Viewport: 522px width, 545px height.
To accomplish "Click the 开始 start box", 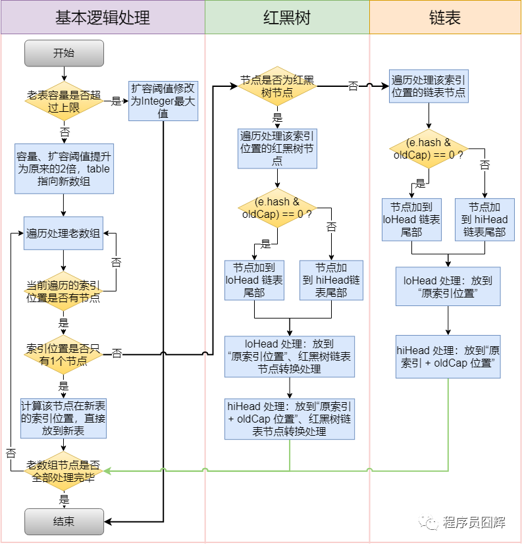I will pos(64,53).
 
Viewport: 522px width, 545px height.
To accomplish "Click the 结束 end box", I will pos(64,521).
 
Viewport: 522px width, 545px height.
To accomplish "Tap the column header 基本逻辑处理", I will pos(103,18).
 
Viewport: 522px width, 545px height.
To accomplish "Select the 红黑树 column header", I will pos(287,18).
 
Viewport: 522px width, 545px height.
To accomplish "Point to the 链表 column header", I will pos(445,18).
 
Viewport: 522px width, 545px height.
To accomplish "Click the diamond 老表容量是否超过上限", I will pos(64,101).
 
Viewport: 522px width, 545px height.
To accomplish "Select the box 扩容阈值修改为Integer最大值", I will pos(163,101).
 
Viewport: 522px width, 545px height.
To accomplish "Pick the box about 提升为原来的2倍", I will pos(64,169).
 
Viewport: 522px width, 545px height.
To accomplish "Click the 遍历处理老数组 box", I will pos(64,234).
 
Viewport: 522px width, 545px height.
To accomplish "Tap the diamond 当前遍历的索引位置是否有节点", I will pos(64,291).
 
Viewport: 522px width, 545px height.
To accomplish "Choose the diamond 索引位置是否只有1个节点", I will pos(64,354).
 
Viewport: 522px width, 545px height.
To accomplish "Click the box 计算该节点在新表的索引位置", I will pos(64,417).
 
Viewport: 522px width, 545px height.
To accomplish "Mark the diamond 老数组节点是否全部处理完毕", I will pos(64,471).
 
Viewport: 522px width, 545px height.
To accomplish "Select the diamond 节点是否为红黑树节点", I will pos(277,86).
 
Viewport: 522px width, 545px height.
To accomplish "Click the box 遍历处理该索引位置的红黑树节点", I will pos(277,148).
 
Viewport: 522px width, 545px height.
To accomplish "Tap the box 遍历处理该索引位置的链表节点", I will pos(429,86).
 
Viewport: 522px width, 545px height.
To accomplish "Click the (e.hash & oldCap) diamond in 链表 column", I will pos(429,149).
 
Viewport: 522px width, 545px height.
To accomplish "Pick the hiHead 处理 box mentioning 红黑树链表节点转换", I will pos(290,419).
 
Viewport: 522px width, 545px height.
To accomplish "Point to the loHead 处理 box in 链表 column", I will pos(448,286).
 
